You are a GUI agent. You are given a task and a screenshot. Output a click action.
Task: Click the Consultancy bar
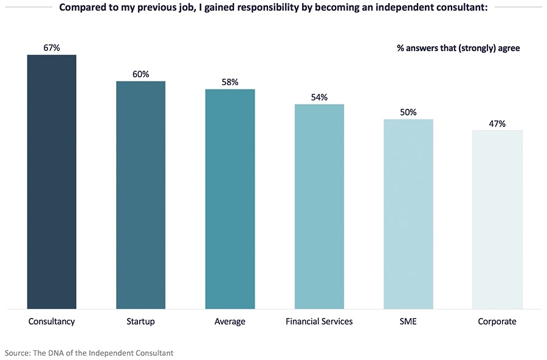tap(52, 182)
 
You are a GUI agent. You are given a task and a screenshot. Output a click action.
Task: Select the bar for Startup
tap(141, 195)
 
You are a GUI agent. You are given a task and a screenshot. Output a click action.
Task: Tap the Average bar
tap(230, 199)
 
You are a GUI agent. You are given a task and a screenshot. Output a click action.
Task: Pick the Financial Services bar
tap(319, 206)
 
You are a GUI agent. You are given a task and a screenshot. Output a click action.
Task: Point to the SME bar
tap(408, 214)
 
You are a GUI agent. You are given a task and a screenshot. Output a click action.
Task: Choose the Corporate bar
tap(497, 220)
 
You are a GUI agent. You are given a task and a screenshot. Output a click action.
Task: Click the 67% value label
tap(52, 47)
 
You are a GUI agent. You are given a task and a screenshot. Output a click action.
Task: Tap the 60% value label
tap(141, 74)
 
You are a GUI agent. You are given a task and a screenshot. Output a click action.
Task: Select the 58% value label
tap(230, 82)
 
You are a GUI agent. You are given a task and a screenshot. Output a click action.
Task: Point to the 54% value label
tap(319, 97)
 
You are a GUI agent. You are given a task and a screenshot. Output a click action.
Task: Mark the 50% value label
tap(408, 112)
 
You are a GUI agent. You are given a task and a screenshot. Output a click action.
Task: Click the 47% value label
tap(497, 123)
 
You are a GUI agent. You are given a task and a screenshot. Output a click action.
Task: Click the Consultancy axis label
tap(52, 321)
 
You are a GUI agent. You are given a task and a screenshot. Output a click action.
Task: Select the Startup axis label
tap(141, 321)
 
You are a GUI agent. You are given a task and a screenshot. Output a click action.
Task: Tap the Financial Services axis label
tap(319, 321)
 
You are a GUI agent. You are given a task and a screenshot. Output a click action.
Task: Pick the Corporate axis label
tap(497, 321)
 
